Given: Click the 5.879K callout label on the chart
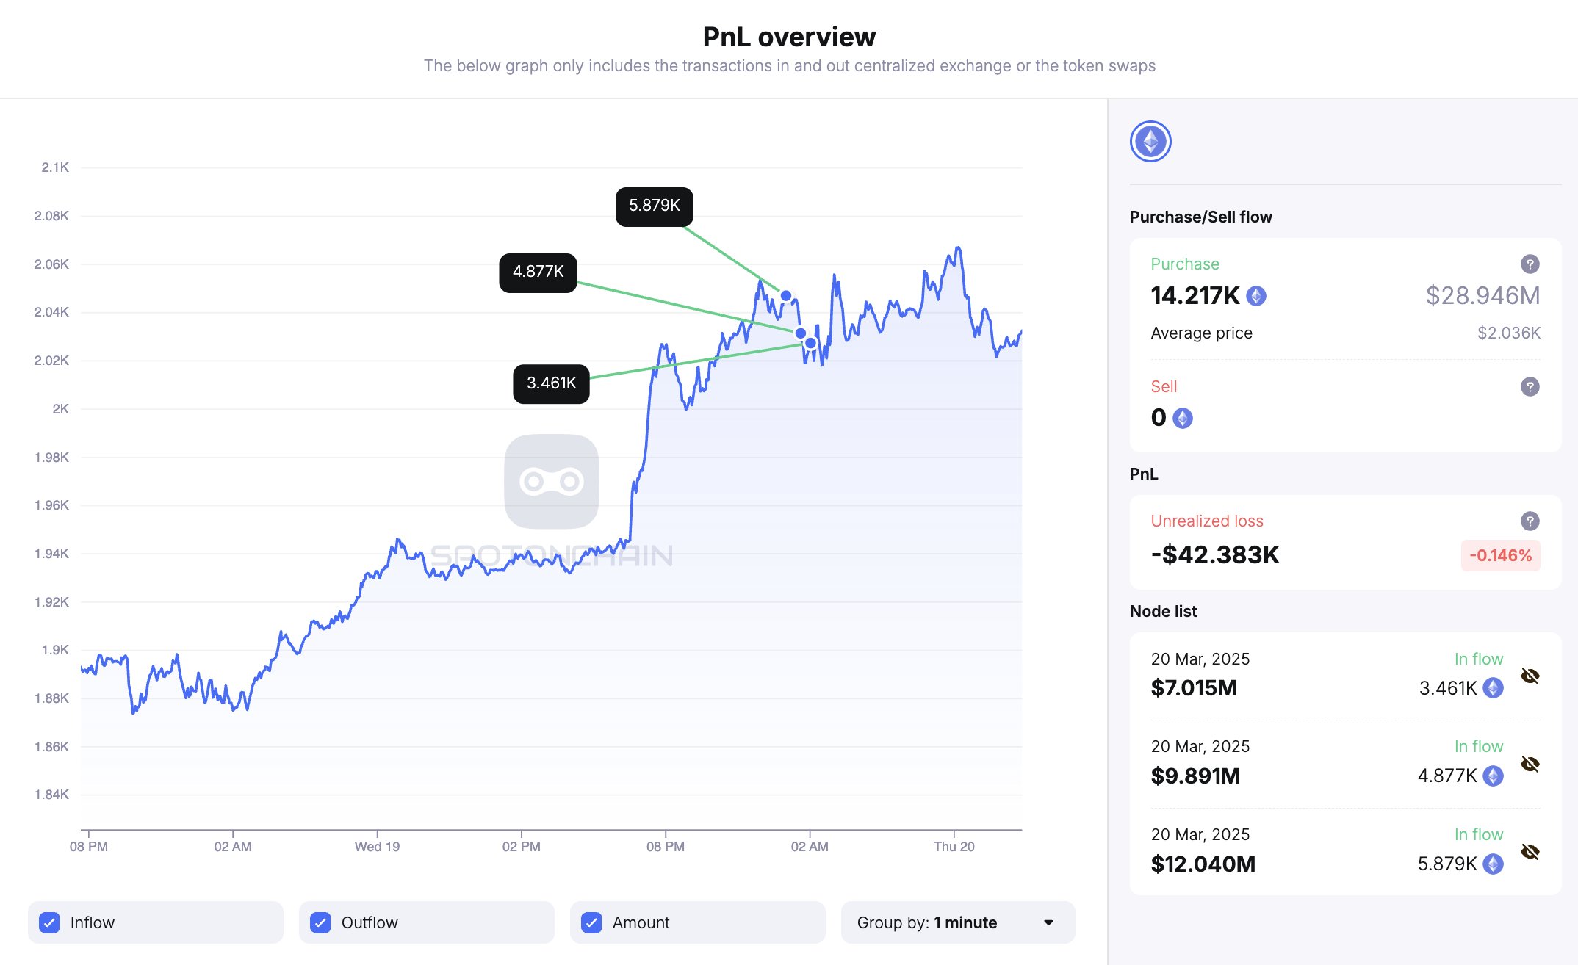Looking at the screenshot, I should click(654, 206).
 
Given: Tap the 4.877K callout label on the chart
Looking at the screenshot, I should click(538, 272).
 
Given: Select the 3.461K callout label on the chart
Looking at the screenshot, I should click(551, 383).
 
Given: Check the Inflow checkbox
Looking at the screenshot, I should click(49, 922).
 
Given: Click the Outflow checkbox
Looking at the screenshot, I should click(320, 922).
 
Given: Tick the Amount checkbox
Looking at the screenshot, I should click(591, 922).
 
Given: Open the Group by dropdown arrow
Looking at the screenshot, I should click(1048, 922).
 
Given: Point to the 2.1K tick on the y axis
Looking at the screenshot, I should click(55, 167).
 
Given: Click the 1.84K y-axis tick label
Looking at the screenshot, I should click(51, 795).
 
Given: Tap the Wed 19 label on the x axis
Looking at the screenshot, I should click(377, 847).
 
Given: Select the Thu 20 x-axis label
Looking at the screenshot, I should click(954, 847).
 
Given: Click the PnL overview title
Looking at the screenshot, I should click(789, 37).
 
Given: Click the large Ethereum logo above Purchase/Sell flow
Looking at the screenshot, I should click(1150, 142).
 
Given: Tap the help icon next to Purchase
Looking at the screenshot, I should click(1530, 264).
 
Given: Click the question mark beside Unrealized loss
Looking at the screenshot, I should click(1530, 521).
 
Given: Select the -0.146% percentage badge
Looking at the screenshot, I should click(1500, 555).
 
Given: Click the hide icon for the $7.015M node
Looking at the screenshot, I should click(1530, 676).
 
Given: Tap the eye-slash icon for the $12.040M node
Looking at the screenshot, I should click(1530, 852).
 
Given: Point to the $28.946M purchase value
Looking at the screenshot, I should click(1482, 296).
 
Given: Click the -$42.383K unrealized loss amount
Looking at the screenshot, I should click(1215, 555).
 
